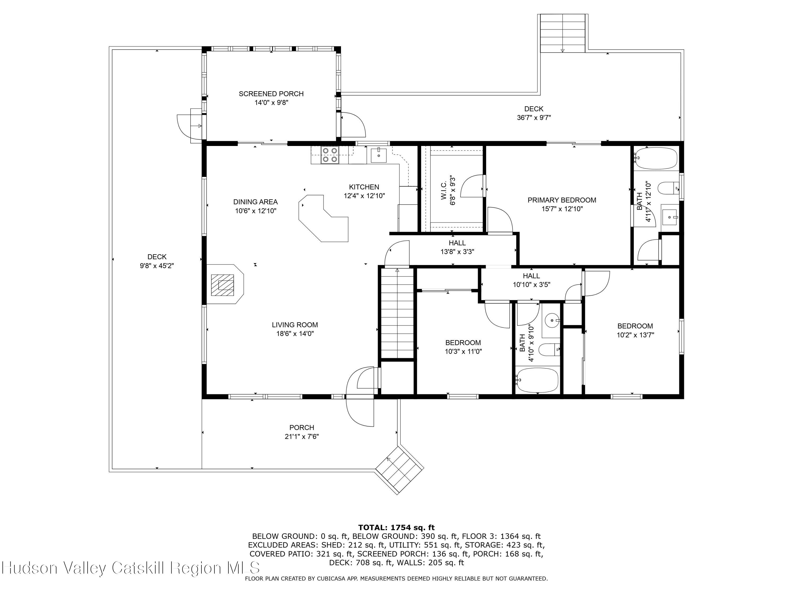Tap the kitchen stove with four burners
330,155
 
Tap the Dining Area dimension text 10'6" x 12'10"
256,211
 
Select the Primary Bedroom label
562,200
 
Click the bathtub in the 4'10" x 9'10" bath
537,380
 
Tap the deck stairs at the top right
563,33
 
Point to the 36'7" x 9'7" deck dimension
534,118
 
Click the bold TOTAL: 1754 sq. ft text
396,527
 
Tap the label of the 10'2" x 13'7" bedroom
635,326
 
